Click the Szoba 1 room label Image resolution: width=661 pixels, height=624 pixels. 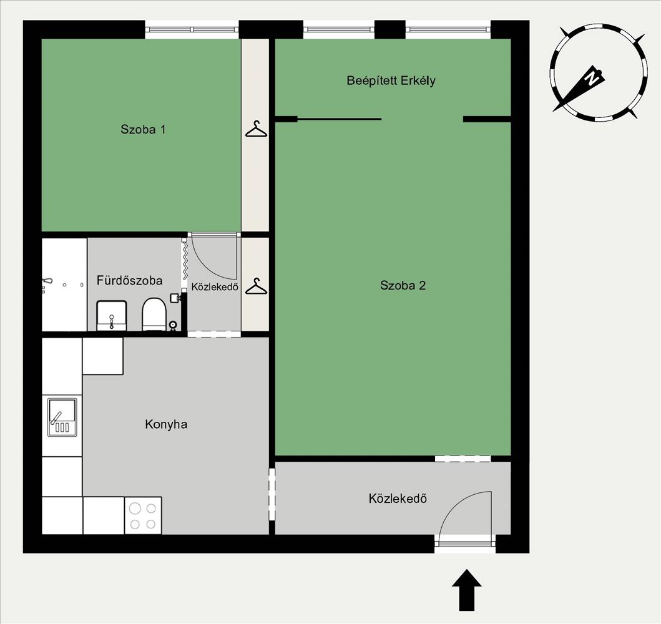click(143, 129)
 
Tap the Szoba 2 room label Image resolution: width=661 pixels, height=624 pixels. click(403, 286)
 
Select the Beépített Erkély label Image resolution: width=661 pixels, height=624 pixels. click(391, 80)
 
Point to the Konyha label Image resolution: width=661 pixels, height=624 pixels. click(166, 424)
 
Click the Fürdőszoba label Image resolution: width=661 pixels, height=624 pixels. click(129, 281)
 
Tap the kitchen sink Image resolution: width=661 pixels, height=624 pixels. click(62, 417)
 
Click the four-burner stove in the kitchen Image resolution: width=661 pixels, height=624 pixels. click(143, 515)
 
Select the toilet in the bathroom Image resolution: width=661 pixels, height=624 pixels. click(154, 314)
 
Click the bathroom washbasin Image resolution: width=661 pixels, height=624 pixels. click(111, 316)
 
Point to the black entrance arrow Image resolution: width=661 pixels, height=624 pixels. click(466, 590)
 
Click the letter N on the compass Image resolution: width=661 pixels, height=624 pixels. click(593, 78)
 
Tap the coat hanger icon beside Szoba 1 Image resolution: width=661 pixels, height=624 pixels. click(256, 130)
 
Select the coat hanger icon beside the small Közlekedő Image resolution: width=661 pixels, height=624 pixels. click(256, 286)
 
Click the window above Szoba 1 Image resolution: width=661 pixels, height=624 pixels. click(192, 29)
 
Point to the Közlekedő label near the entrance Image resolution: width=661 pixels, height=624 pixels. click(398, 499)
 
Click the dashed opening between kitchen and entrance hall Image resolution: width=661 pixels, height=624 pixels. click(272, 494)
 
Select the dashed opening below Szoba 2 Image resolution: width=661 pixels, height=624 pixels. click(463, 459)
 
